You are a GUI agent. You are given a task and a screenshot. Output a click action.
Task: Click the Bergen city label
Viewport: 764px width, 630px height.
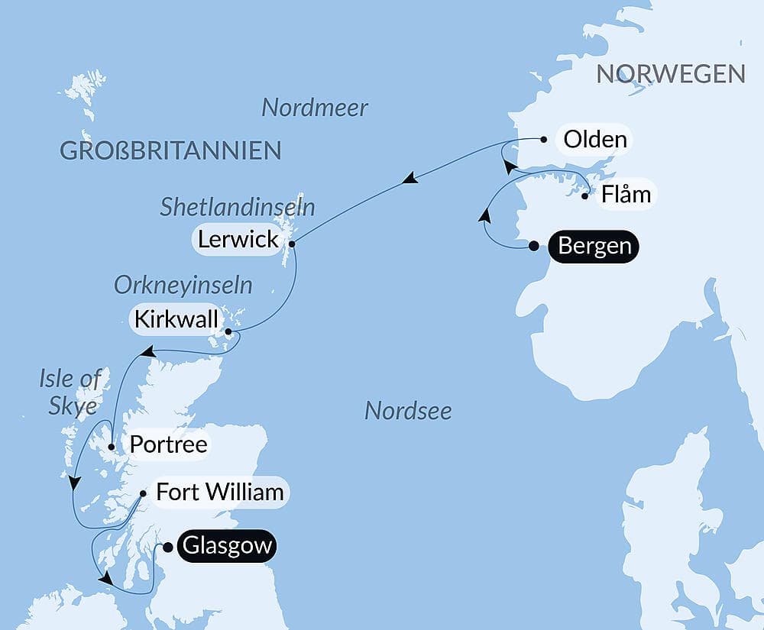click(x=594, y=247)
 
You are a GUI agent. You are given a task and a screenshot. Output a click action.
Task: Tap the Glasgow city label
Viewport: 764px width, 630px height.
click(x=226, y=547)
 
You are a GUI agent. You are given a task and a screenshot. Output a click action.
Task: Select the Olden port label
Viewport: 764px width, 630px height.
click(x=594, y=140)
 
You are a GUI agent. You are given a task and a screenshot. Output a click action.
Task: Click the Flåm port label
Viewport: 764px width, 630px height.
click(x=626, y=195)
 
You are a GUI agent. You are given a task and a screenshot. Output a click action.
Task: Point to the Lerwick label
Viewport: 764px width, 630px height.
click(x=238, y=239)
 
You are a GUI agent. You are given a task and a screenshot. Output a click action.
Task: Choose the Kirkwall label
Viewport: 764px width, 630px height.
click(x=176, y=320)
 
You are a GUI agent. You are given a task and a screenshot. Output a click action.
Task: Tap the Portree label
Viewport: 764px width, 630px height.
click(x=169, y=444)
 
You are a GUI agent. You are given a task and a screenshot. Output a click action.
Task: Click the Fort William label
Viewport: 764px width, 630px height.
click(x=220, y=493)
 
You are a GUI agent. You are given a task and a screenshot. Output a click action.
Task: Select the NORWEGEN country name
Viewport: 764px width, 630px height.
click(x=670, y=74)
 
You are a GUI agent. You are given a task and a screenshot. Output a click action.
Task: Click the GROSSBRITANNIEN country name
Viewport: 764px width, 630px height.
click(x=170, y=150)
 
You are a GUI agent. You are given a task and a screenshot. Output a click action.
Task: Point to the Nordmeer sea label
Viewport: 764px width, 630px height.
click(x=315, y=108)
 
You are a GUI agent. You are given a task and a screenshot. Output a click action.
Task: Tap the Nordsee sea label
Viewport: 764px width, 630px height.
click(x=408, y=411)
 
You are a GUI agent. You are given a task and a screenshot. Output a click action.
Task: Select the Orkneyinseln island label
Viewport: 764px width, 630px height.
click(x=183, y=286)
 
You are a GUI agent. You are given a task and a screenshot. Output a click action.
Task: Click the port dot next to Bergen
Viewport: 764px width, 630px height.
click(x=534, y=246)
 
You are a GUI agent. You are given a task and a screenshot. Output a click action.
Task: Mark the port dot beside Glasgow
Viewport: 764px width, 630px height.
click(x=168, y=547)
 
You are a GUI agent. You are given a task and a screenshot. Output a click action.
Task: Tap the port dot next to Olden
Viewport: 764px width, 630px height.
click(x=543, y=140)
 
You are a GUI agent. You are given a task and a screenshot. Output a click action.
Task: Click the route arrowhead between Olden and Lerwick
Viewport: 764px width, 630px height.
click(x=410, y=179)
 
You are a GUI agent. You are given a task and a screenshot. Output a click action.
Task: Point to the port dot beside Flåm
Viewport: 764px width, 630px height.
click(x=585, y=196)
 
